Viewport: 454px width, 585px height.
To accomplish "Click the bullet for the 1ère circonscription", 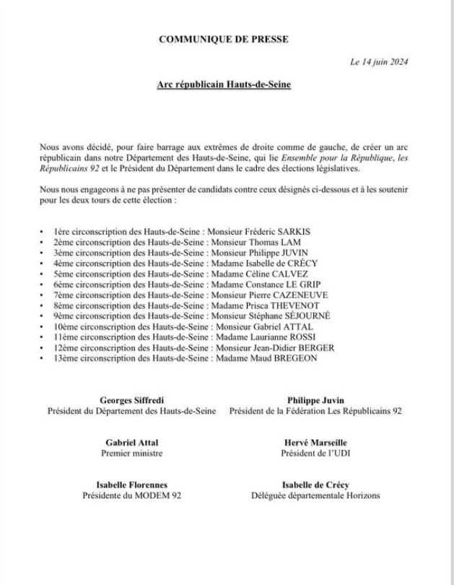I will coord(43,231).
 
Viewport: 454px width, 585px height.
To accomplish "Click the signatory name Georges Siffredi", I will coord(132,400).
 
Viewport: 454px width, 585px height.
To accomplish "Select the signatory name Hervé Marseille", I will coord(315,443).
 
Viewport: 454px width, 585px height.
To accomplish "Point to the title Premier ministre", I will coord(132,454).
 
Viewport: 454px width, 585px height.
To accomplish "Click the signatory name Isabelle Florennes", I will coord(132,485).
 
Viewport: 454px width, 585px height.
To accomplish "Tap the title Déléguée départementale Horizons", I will coord(315,496).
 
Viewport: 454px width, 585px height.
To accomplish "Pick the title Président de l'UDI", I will coord(315,454).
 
